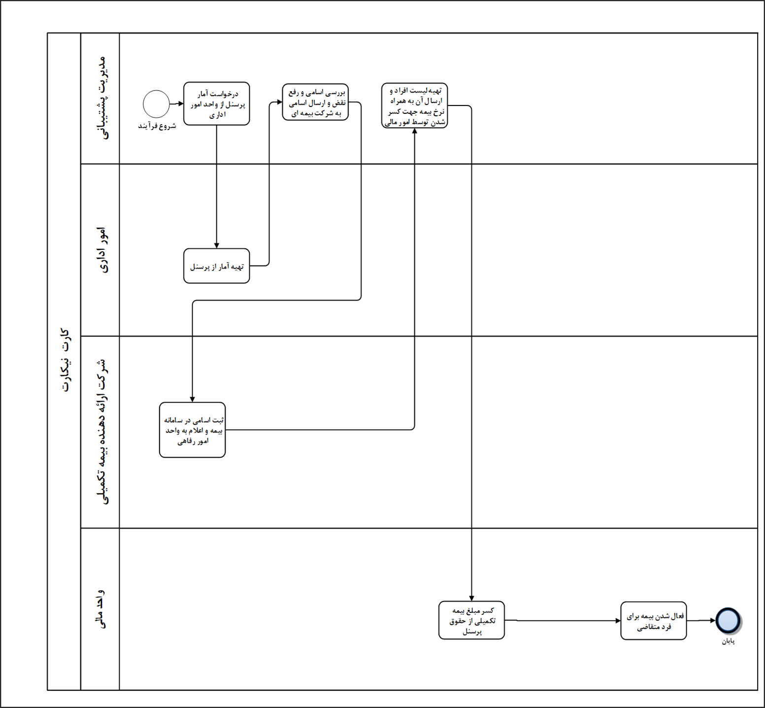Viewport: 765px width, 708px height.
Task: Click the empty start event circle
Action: (156, 104)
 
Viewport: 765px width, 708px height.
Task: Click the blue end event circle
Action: (728, 620)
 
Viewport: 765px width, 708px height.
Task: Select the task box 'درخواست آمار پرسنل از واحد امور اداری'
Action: (217, 104)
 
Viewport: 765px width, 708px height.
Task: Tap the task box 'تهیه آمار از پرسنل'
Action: (217, 266)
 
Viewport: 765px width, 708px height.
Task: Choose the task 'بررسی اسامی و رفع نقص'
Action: (315, 102)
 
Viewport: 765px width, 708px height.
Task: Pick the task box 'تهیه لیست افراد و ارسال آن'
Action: (414, 106)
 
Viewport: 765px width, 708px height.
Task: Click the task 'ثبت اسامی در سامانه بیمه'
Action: (193, 430)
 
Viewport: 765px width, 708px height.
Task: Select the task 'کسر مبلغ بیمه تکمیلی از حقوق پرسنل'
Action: (471, 620)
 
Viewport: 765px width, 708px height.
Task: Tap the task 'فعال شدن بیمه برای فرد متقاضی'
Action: (653, 621)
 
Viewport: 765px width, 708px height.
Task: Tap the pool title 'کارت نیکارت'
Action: (65, 361)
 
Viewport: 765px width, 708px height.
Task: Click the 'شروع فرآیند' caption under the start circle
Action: (157, 126)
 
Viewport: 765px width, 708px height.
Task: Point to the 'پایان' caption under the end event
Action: (728, 641)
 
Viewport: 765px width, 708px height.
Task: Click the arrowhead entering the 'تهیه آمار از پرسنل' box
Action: (217, 245)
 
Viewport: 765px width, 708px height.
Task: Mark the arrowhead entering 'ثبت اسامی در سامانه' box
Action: (193, 399)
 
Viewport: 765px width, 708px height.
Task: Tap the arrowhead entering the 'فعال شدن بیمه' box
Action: (618, 621)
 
